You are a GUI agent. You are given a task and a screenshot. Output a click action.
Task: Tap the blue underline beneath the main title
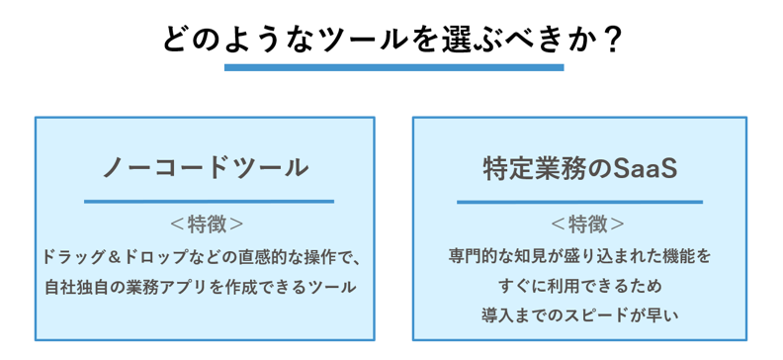click(393, 67)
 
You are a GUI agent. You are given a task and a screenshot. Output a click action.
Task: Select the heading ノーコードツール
click(206, 167)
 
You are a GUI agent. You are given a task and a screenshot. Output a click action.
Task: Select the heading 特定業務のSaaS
click(579, 167)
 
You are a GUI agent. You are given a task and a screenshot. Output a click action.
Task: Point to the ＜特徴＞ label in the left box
click(206, 223)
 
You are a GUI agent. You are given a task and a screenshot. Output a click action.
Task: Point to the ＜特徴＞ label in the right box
click(579, 223)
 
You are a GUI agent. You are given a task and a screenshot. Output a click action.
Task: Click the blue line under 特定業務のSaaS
click(579, 201)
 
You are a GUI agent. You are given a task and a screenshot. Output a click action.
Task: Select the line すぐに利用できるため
click(579, 286)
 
